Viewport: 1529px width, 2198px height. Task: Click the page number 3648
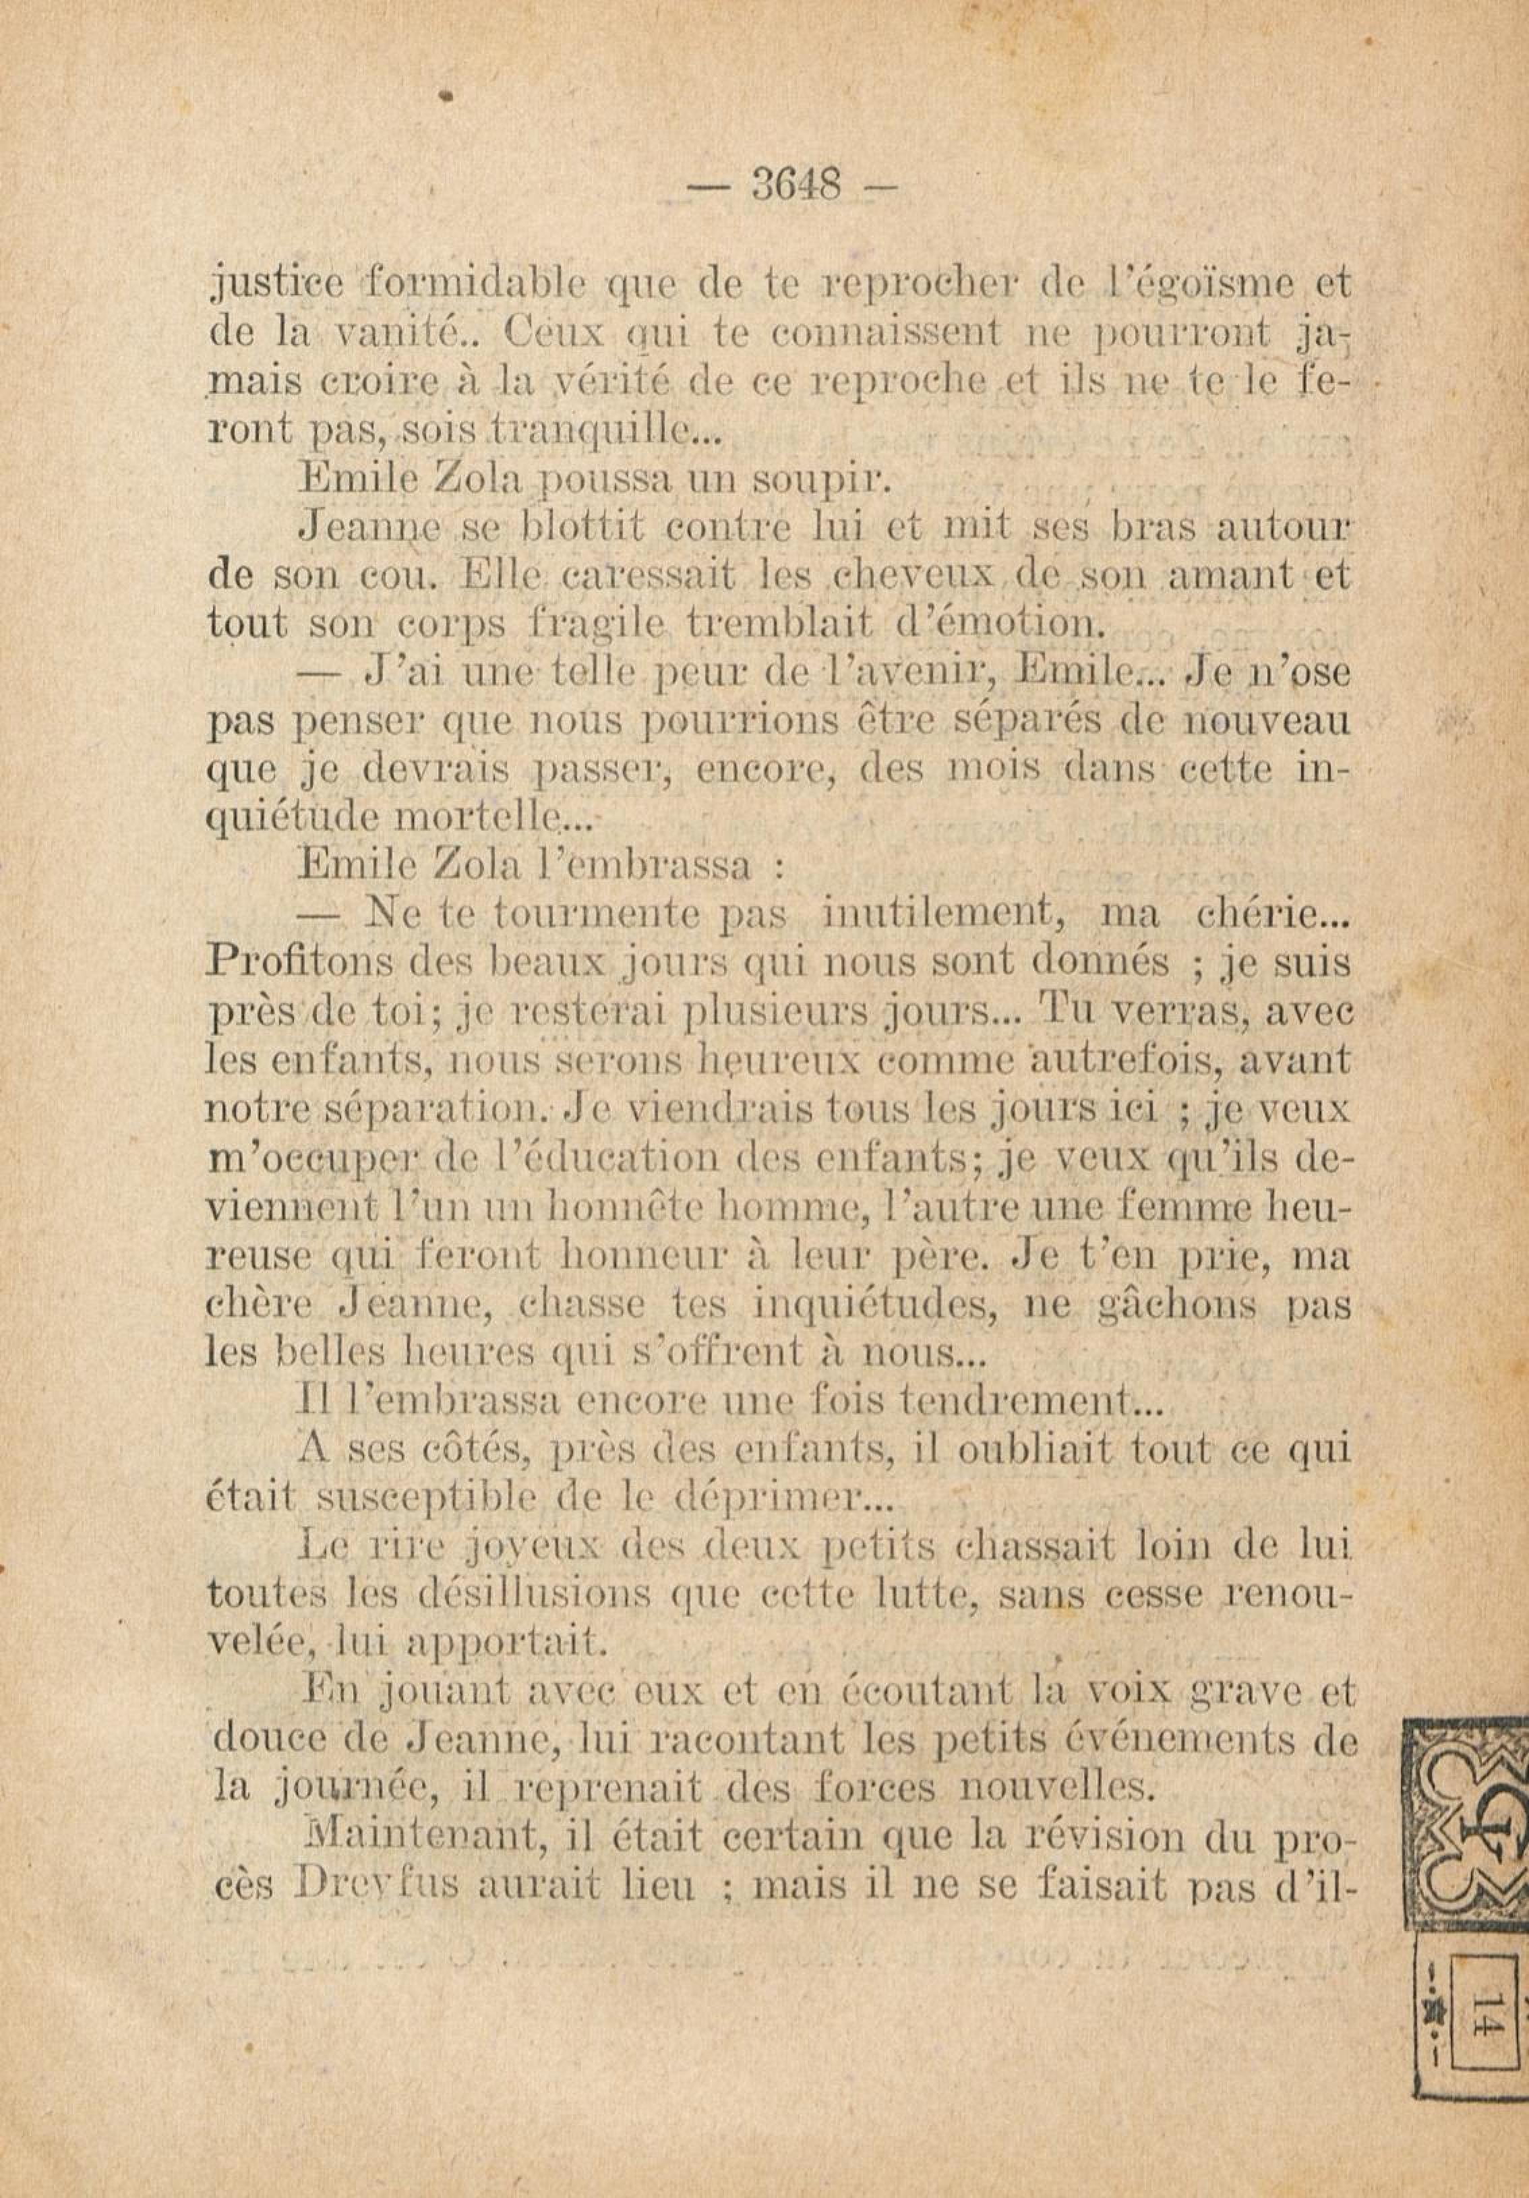tap(796, 184)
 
